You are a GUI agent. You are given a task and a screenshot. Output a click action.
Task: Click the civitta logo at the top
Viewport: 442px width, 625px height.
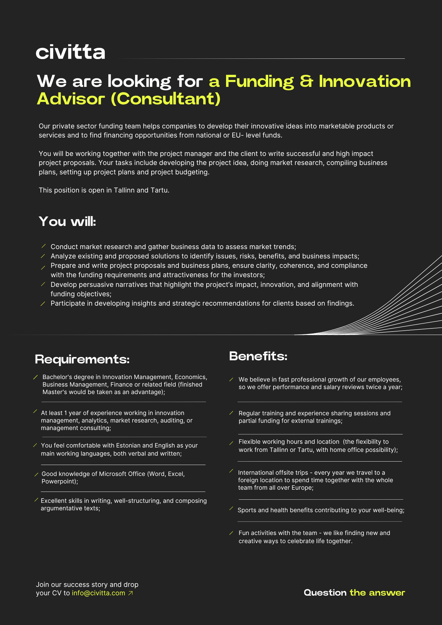[70, 52]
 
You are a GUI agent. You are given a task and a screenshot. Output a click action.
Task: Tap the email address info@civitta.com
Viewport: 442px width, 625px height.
[98, 593]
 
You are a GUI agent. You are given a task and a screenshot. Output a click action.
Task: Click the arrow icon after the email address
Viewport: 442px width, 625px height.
[131, 593]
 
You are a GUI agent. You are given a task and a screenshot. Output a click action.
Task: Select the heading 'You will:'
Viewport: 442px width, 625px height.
[67, 222]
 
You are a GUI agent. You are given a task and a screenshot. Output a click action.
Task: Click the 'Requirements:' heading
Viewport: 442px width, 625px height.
[82, 359]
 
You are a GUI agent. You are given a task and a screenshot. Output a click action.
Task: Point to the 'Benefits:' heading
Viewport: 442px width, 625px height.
[258, 356]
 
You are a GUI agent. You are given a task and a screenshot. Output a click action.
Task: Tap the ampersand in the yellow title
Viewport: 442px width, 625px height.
[306, 81]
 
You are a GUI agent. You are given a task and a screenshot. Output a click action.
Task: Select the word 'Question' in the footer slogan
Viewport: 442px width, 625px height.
[325, 593]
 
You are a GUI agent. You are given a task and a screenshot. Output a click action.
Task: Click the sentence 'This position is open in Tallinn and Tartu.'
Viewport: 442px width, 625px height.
[104, 190]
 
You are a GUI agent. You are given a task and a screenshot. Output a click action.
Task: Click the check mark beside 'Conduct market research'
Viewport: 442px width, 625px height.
[43, 247]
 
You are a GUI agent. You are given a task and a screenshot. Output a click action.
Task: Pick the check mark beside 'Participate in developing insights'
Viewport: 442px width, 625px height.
[43, 303]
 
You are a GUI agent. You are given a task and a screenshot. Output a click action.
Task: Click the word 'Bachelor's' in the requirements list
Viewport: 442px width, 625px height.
[57, 377]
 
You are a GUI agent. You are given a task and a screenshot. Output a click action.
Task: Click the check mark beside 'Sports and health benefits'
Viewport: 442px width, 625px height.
[231, 509]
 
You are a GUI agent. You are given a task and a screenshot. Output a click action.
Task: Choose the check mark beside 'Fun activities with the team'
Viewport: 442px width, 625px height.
[231, 533]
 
